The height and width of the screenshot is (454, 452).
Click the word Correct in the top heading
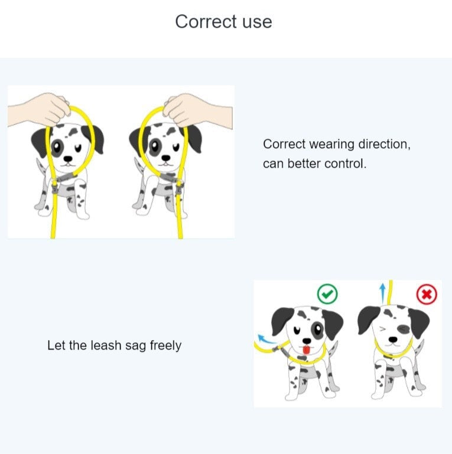coord(206,22)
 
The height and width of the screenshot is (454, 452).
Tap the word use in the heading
coord(257,22)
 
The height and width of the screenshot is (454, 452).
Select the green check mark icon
coord(327,294)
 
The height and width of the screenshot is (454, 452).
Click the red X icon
coord(427,295)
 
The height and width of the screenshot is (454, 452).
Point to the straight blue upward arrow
coord(383,293)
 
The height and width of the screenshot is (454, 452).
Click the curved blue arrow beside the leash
coord(266,339)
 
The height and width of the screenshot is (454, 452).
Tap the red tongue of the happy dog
coord(307,350)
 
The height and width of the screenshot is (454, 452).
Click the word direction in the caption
coord(385,144)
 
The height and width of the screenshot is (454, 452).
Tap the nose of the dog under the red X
coord(393,339)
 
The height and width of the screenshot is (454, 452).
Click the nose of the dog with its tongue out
coord(307,341)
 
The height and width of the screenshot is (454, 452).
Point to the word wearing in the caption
coord(332,145)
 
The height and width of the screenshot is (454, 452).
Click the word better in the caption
coord(304,164)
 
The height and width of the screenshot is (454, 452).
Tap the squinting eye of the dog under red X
coord(382,329)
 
